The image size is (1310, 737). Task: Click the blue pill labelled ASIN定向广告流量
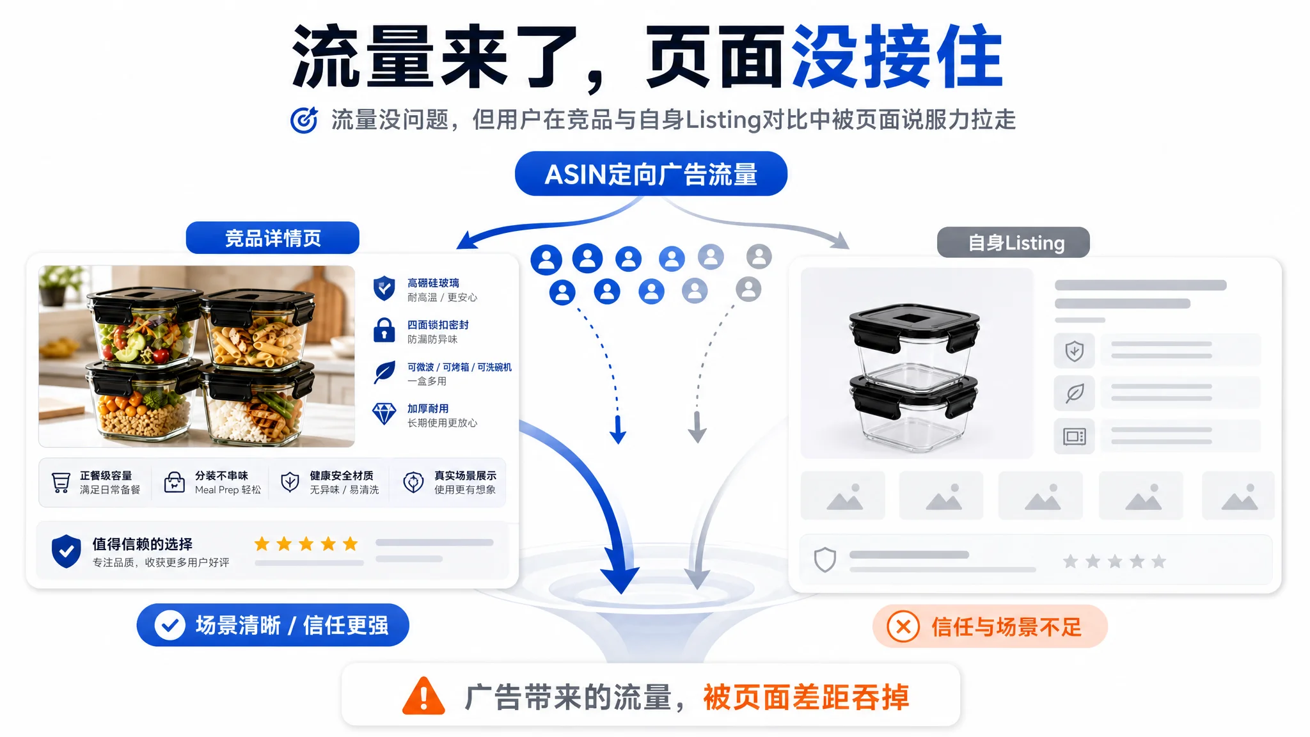651,173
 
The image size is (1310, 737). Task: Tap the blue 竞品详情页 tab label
272,238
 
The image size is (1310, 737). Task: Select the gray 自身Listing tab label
1013,242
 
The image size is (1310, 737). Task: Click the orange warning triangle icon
423,696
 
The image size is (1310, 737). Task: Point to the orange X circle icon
903,626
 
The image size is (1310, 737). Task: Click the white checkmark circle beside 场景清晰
170,625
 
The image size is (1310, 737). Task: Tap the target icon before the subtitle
304,120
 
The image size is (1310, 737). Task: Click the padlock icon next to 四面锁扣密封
384,330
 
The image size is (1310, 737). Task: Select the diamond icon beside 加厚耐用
384,414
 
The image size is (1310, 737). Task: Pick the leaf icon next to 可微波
384,372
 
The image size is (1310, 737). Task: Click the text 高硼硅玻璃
433,283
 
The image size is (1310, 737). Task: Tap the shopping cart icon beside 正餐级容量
61,482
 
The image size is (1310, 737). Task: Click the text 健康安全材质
342,475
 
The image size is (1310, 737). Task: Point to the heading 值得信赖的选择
143,544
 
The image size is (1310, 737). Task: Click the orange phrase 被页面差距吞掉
806,697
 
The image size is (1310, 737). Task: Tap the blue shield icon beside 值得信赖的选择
67,551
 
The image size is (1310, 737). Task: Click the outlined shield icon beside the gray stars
825,560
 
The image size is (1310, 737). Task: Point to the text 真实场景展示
465,475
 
